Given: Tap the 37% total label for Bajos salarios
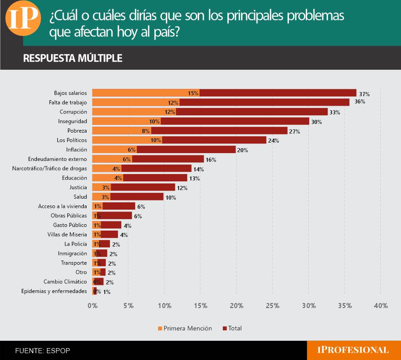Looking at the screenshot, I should click(x=364, y=93).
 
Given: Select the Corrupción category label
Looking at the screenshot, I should click(x=73, y=112).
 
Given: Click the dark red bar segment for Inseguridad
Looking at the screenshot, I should click(x=235, y=121).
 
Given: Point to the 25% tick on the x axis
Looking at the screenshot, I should click(x=272, y=305).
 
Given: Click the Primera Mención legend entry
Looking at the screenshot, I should click(x=185, y=328).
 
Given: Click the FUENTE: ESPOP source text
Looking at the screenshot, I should click(x=42, y=350).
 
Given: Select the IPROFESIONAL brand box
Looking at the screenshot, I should click(x=353, y=350).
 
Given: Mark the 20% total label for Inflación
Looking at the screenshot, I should click(x=242, y=150).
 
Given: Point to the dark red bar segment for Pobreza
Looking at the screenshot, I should click(x=219, y=131).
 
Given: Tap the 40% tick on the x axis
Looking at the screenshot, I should click(x=380, y=305).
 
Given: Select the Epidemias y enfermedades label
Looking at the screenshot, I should click(x=54, y=291).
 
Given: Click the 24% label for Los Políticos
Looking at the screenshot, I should click(x=273, y=141).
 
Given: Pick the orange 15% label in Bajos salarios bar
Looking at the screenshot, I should click(x=193, y=93).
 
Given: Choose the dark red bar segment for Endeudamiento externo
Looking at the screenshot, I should click(x=168, y=159).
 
